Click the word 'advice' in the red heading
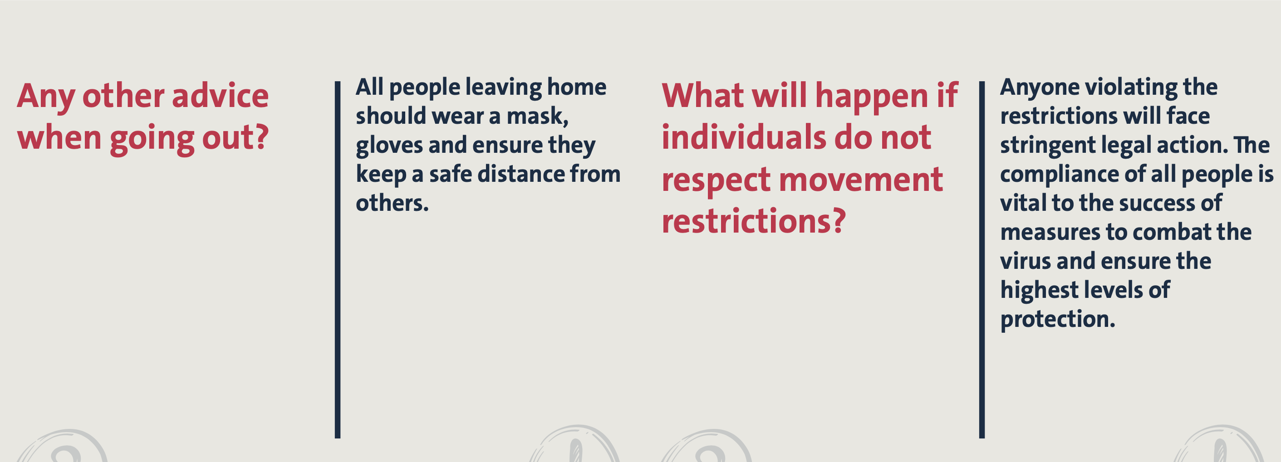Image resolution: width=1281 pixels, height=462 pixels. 220,95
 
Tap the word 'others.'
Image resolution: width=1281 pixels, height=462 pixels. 392,203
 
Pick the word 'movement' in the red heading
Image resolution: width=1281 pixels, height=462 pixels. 860,180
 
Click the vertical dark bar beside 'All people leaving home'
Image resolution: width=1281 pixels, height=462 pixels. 338,260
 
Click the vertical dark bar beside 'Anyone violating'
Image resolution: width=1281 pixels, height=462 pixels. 982,260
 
